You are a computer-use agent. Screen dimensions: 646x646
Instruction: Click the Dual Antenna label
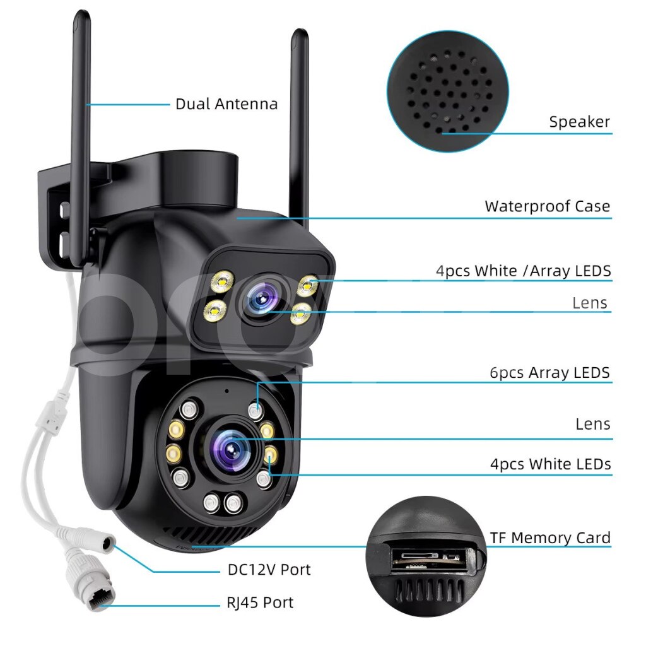(226, 104)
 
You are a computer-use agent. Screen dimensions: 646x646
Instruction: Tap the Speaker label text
(579, 122)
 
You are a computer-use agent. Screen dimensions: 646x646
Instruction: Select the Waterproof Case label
(547, 206)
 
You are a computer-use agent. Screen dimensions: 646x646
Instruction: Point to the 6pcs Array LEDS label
(549, 372)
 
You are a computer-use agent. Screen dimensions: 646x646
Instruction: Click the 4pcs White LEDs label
(550, 464)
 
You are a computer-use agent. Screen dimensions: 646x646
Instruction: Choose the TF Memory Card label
(550, 537)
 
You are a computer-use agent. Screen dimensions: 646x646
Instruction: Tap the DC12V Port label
(269, 570)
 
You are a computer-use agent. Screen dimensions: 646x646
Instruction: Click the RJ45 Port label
(260, 602)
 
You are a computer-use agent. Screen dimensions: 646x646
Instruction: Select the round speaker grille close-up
(448, 91)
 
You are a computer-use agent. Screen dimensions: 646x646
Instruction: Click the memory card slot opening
(429, 560)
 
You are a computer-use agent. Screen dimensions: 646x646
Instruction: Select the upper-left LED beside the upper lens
(222, 281)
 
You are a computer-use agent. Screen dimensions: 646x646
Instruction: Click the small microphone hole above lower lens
(226, 391)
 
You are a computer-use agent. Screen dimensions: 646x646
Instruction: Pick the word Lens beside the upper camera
(590, 303)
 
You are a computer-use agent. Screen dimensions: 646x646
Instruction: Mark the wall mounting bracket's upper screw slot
(64, 210)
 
